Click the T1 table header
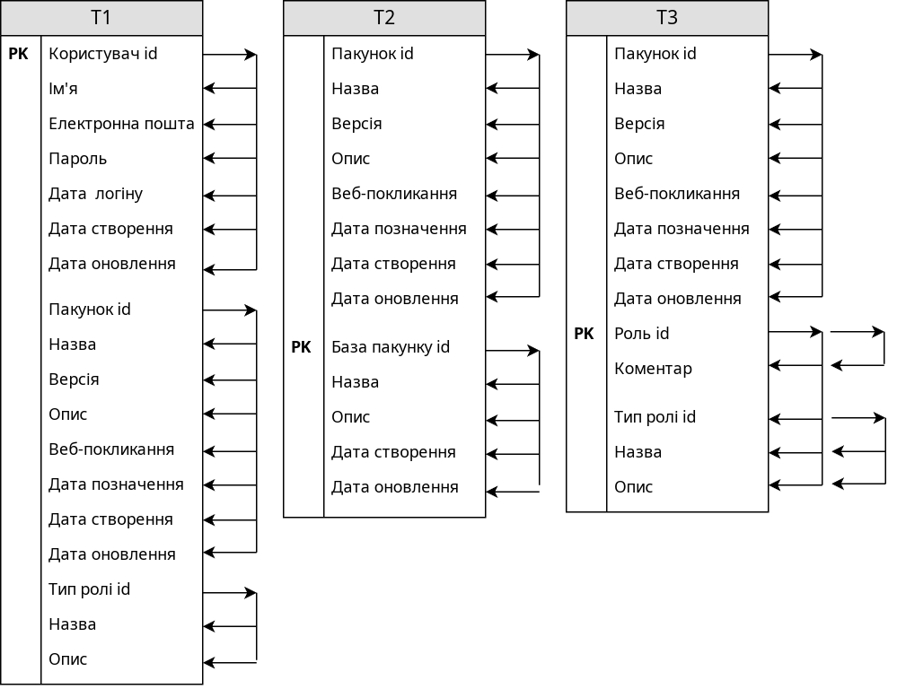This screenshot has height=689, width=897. coord(101,18)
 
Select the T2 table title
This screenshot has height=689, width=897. coord(384,18)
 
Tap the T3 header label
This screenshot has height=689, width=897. coord(666,18)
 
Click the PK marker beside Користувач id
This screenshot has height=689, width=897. coord(18,54)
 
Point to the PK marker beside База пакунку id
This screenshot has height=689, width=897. coord(301,347)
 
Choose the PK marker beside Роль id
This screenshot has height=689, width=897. coord(584,334)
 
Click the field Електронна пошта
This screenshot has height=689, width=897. coord(121,124)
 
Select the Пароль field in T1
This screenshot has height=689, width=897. coord(78,159)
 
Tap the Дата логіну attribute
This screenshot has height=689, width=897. coord(95,194)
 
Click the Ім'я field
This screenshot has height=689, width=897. coord(63,89)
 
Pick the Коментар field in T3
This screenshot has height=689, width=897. coord(653,369)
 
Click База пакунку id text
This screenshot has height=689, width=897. coord(391,347)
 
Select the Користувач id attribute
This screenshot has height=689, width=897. coord(103,54)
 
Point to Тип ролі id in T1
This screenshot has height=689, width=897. coord(89,589)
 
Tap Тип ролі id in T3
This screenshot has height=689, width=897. coord(655,417)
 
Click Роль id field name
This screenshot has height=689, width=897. coord(641,334)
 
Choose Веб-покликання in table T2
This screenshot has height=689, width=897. coord(394,194)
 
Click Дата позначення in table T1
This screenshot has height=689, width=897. coord(116,484)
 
